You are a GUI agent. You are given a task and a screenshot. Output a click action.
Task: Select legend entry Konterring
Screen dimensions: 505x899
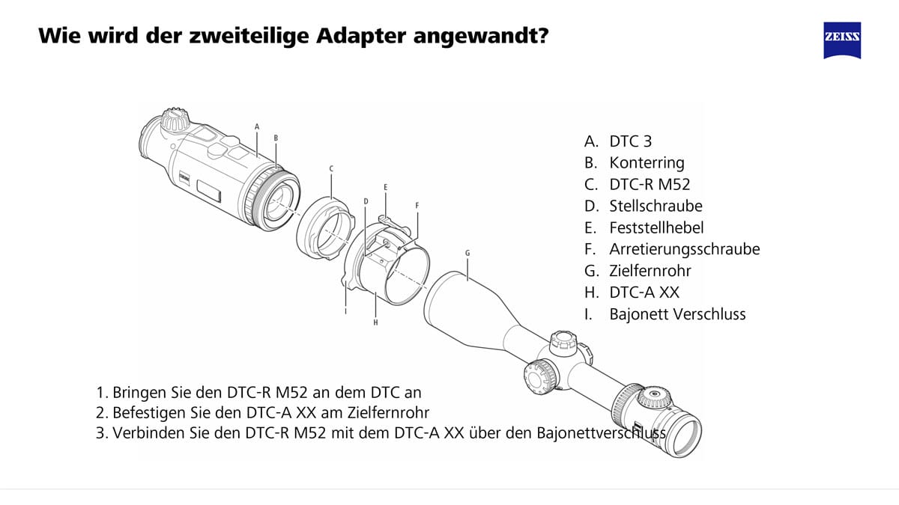click(x=647, y=162)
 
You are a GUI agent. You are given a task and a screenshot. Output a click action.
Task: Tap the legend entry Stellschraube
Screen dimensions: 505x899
click(x=656, y=206)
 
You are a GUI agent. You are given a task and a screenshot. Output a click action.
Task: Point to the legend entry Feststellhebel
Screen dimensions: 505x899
click(x=656, y=227)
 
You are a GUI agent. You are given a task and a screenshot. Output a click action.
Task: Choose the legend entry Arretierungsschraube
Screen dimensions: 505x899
click(x=684, y=249)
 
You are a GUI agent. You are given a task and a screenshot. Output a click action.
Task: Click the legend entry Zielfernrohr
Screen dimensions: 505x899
click(x=650, y=271)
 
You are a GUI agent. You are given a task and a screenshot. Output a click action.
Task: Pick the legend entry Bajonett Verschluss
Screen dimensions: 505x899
click(x=677, y=314)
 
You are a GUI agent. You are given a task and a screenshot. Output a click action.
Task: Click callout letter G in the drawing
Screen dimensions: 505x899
click(x=467, y=253)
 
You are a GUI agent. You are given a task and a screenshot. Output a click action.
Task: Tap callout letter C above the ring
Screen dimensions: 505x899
click(x=330, y=168)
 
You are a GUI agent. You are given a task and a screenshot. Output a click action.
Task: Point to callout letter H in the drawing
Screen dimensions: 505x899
click(x=375, y=322)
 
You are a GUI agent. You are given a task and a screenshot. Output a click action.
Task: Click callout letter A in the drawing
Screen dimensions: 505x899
click(x=257, y=126)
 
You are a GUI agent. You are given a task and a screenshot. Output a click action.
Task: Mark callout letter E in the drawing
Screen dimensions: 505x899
click(x=385, y=187)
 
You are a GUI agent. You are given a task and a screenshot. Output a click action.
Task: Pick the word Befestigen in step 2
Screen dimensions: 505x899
click(x=149, y=412)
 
